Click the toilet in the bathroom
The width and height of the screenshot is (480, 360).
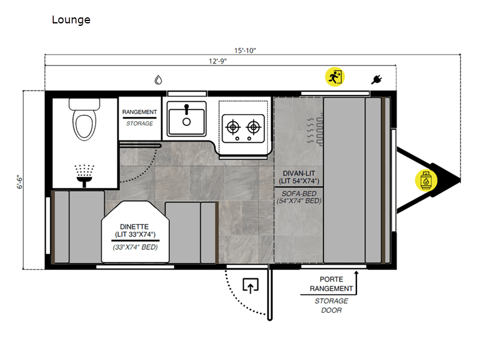coord(84,118)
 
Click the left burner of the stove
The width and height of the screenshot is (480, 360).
coord(232,127)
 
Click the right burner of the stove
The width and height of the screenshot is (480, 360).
coord(254,127)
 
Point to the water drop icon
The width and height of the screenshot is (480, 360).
coord(158,79)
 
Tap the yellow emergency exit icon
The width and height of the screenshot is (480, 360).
coord(334,77)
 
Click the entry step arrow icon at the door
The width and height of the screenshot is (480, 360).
coord(250,286)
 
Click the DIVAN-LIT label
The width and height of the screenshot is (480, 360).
coord(298,173)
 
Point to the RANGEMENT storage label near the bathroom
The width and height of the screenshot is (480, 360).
coord(140,112)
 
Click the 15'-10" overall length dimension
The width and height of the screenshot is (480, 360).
coord(245,50)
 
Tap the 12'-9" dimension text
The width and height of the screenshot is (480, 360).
coord(217,61)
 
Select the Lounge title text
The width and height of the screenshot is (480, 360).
coord(71,20)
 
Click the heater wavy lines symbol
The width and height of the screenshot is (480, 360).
coord(313,130)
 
